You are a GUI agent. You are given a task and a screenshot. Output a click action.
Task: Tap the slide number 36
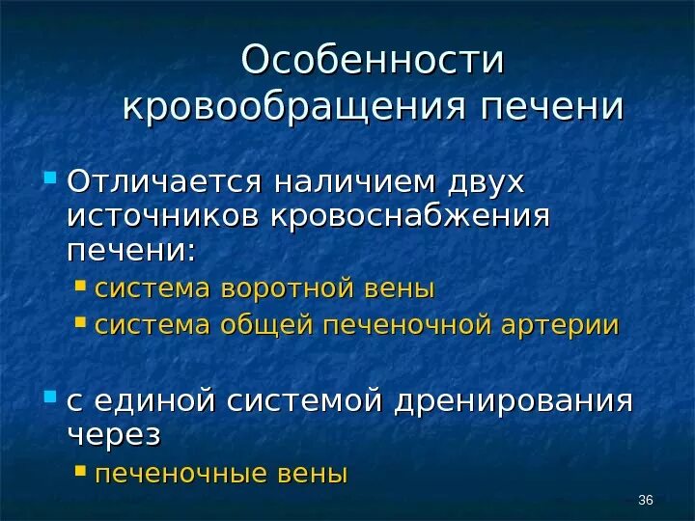647,499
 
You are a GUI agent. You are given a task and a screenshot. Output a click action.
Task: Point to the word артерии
560,325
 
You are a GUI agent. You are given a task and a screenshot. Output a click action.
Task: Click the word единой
154,400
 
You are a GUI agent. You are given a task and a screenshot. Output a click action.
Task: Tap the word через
113,433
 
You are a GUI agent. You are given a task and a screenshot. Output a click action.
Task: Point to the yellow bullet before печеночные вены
81,472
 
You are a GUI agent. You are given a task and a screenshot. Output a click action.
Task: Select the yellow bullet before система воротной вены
81,288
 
